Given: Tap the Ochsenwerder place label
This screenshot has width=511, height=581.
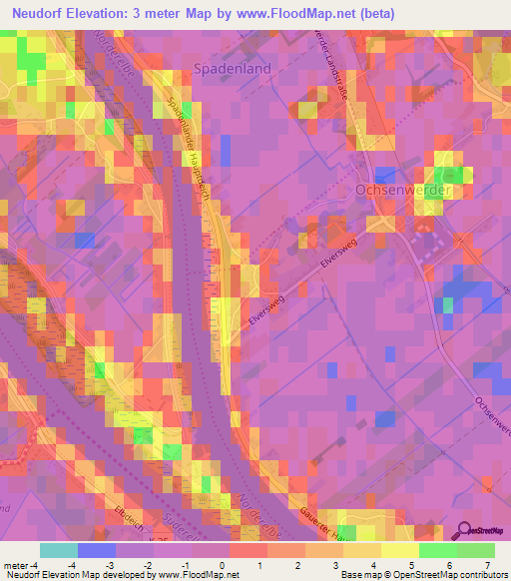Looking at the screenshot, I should click(404, 189).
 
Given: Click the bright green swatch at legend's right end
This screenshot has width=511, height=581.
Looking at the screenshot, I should click(476, 549).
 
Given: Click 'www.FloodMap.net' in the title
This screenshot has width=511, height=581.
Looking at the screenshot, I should click(310, 13).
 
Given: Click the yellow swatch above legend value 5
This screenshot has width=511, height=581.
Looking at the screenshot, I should click(400, 549).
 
